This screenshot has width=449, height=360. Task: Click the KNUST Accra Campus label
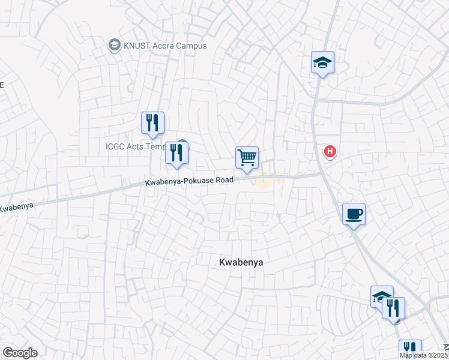165,46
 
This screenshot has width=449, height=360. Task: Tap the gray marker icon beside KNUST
113,45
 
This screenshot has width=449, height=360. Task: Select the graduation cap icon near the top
322,62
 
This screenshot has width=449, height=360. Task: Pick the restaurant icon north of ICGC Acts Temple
152,122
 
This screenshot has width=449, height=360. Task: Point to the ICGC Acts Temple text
135,146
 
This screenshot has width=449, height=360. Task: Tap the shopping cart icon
247,158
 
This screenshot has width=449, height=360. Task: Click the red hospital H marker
330,152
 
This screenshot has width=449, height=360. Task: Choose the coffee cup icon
354,214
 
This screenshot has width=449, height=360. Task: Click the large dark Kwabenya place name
241,262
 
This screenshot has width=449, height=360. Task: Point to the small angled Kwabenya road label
16,208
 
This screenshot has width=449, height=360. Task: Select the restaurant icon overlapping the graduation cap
393,308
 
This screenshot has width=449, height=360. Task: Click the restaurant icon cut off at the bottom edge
410,349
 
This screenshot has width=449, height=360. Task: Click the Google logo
20,353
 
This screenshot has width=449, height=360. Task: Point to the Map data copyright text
424,355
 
